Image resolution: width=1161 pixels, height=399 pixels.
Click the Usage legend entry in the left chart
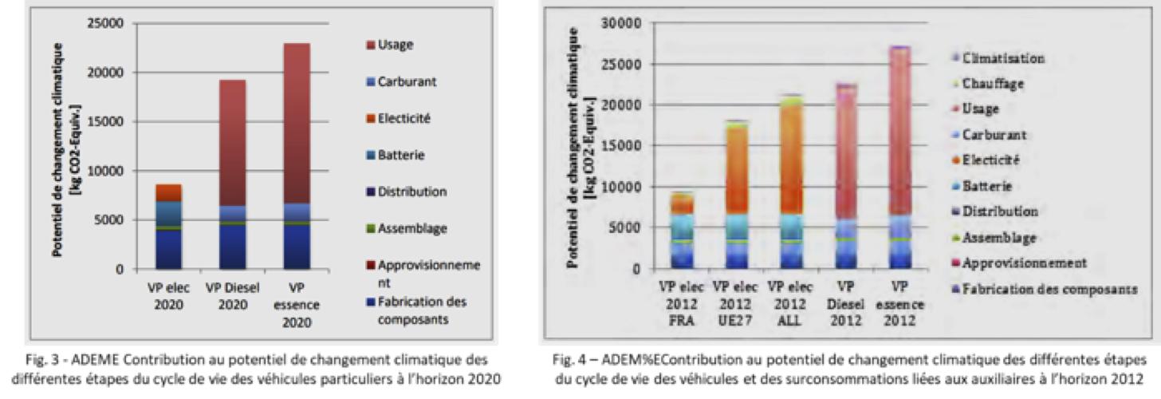coord(396,45)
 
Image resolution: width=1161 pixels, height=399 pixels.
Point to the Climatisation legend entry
coord(1003,58)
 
